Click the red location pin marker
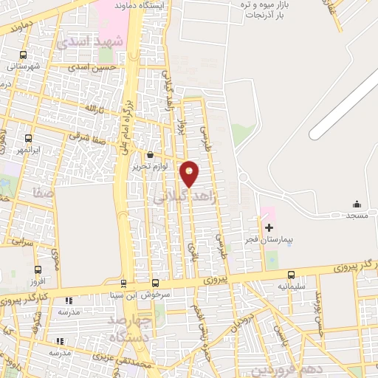click(190, 173)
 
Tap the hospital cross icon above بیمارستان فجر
click(269, 227)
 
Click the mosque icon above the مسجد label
click(357, 204)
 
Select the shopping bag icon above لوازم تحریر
click(151, 156)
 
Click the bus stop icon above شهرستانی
click(23, 55)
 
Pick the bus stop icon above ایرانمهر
click(29, 138)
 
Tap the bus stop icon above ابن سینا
click(123, 282)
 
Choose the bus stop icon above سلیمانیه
click(291, 274)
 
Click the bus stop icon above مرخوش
click(155, 282)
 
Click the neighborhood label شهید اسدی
click(93, 42)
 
